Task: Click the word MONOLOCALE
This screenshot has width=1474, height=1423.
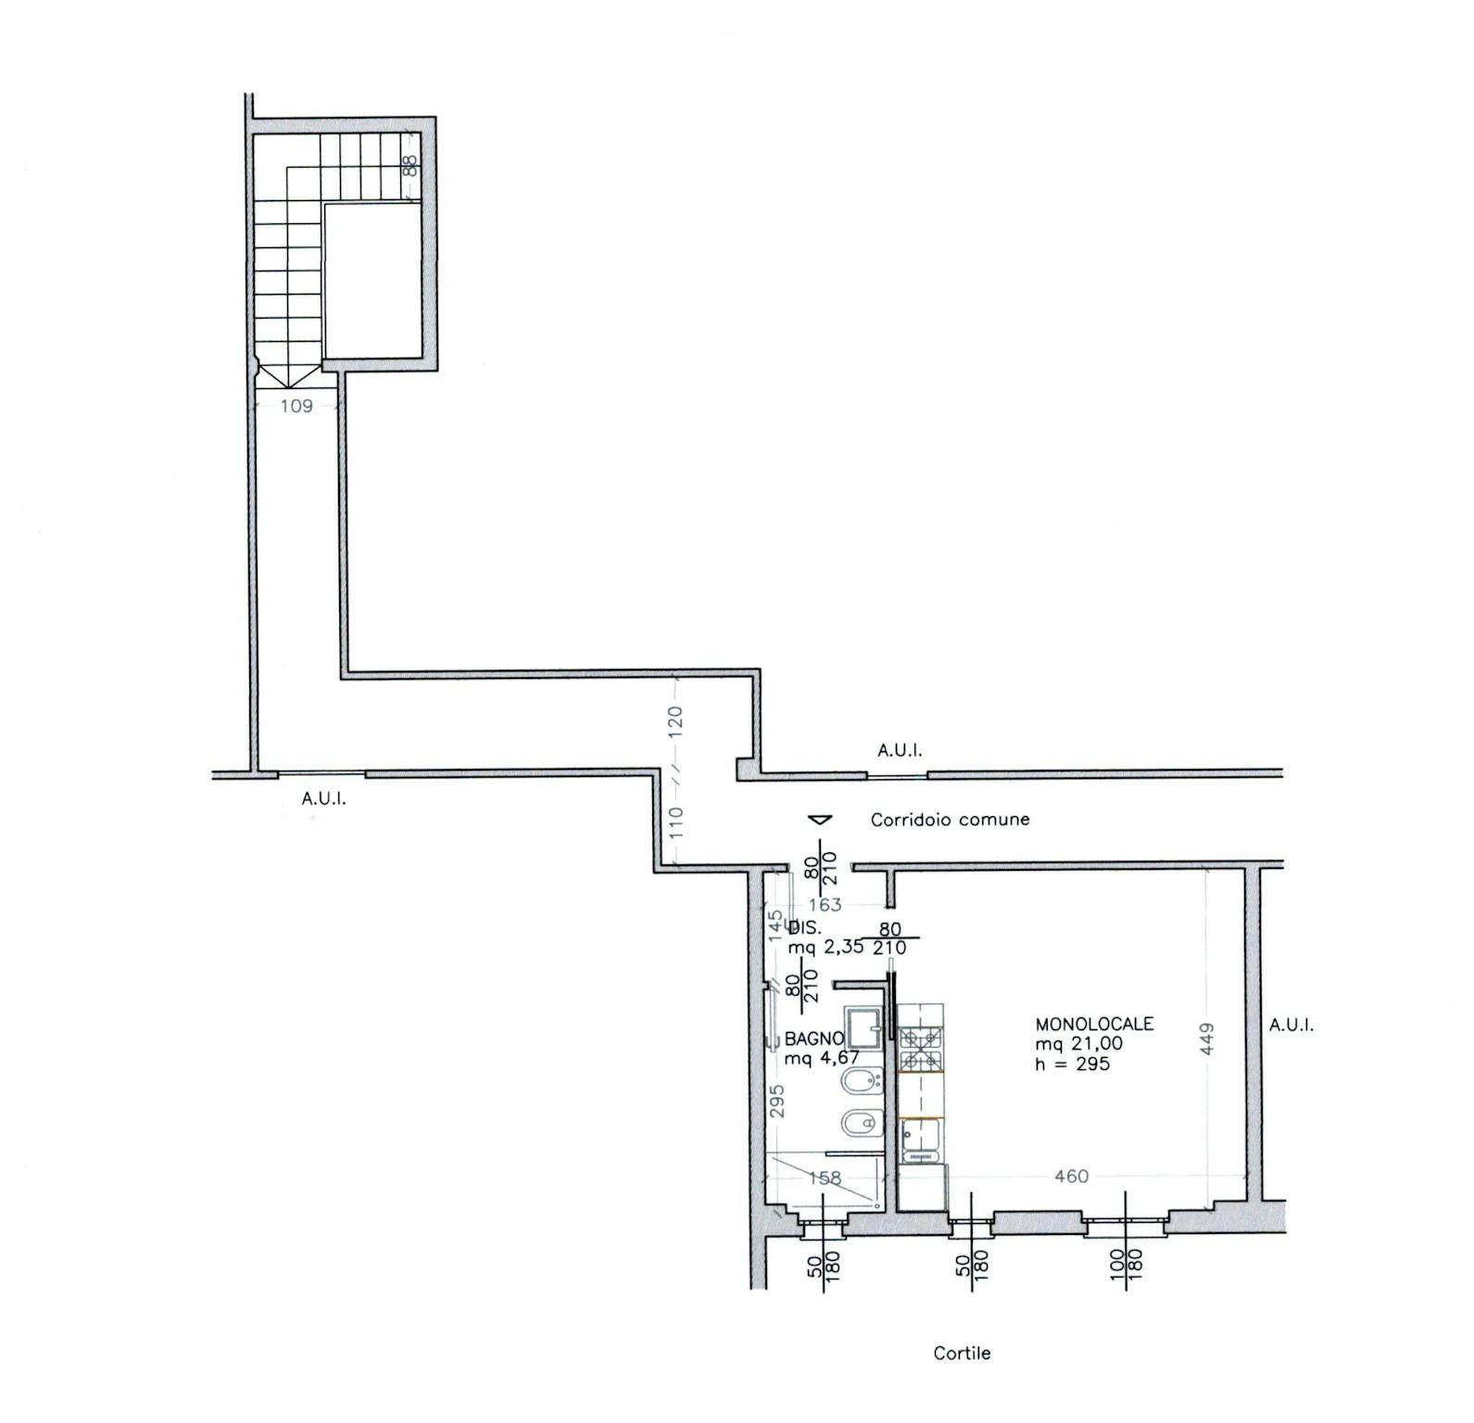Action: pyautogui.click(x=1094, y=1024)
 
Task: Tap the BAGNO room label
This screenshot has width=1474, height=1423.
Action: pyautogui.click(x=814, y=1039)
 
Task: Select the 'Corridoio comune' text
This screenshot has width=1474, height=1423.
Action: pyautogui.click(x=950, y=819)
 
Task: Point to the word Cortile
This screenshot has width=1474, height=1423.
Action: pyautogui.click(x=962, y=1354)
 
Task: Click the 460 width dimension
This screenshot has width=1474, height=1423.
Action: pyautogui.click(x=1071, y=1176)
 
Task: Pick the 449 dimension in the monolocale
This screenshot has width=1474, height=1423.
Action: pyautogui.click(x=1206, y=1038)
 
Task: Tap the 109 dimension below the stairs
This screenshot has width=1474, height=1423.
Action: pyautogui.click(x=296, y=405)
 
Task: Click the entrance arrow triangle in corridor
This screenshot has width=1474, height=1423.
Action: pyautogui.click(x=820, y=819)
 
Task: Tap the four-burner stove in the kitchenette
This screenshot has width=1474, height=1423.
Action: pyautogui.click(x=920, y=1048)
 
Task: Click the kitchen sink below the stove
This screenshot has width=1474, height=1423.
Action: pyautogui.click(x=920, y=1140)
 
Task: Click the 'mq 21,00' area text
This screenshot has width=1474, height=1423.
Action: pyautogui.click(x=1079, y=1043)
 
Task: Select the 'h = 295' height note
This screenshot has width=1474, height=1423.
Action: pyautogui.click(x=1073, y=1064)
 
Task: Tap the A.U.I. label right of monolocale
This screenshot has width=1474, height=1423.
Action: pyautogui.click(x=1291, y=1025)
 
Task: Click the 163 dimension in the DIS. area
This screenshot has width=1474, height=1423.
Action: pyautogui.click(x=825, y=904)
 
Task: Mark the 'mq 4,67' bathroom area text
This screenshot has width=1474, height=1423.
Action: pyautogui.click(x=822, y=1058)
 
